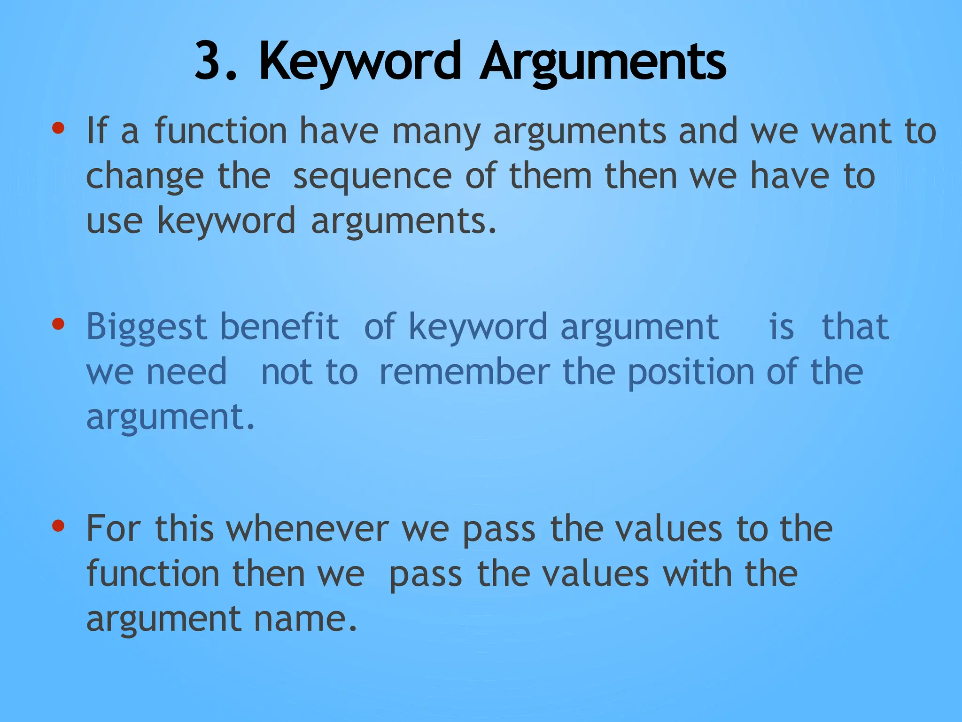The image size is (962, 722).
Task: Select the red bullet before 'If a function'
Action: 58,128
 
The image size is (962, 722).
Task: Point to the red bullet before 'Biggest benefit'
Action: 58,324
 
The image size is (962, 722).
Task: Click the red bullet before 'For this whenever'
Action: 58,526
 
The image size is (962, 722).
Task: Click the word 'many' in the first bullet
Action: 436,132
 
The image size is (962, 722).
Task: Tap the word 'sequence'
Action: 372,177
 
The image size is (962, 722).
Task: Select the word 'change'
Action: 145,177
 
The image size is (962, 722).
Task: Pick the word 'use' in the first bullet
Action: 114,221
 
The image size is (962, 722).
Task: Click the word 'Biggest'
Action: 147,327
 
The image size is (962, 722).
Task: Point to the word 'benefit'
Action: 279,326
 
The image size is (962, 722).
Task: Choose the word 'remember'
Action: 464,371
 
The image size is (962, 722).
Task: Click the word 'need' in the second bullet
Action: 186,371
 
